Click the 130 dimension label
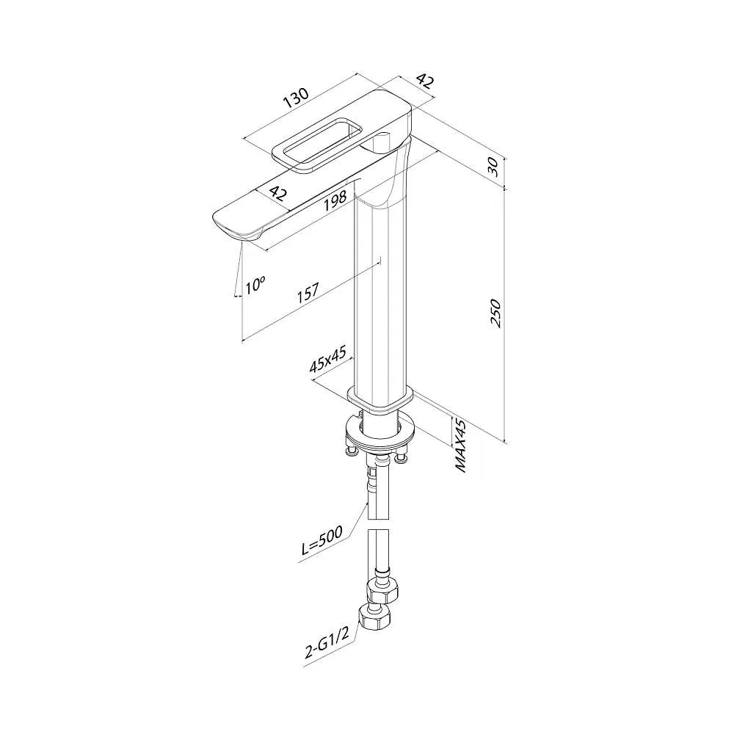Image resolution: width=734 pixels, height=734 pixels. tap(296, 98)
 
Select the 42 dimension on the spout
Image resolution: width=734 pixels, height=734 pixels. tap(279, 193)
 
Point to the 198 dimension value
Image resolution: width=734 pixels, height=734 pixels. tap(335, 199)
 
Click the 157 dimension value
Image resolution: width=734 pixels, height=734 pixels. tap(308, 292)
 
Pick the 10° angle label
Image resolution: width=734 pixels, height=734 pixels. tap(255, 284)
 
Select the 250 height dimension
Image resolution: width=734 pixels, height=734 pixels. tap(495, 313)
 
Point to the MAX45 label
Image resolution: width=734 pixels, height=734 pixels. tap(461, 446)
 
